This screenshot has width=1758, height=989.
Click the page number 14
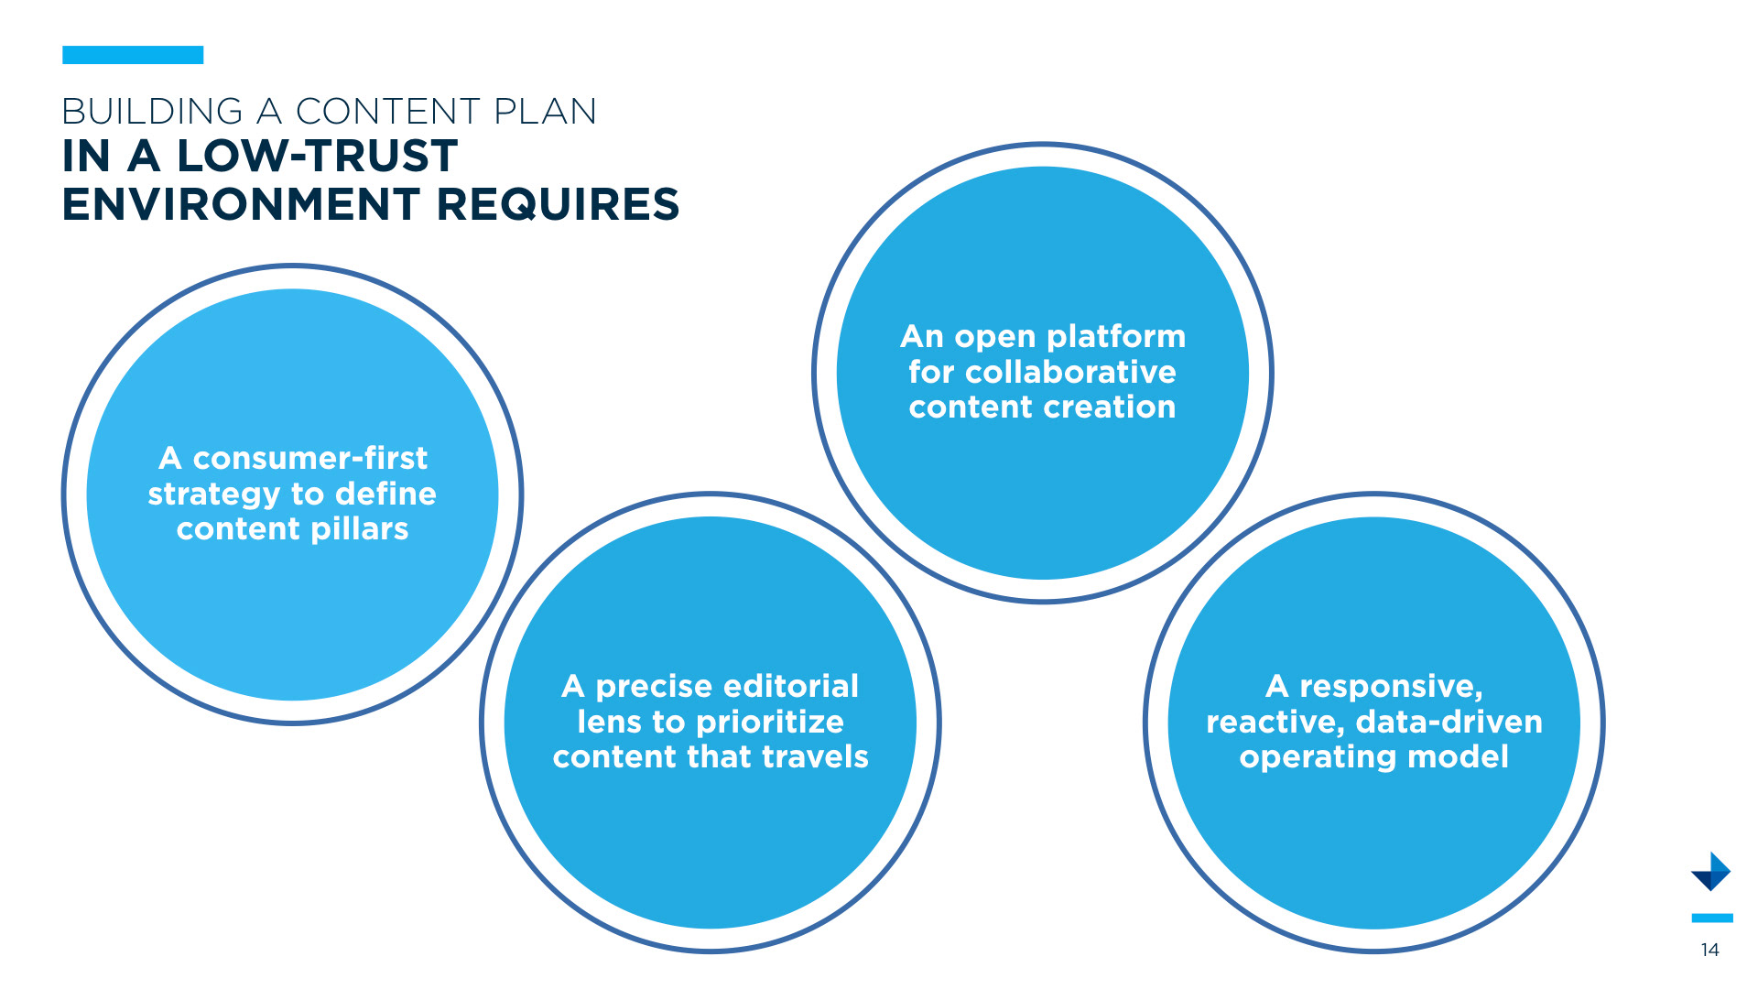(1709, 950)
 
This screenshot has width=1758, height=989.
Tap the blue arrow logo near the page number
(1710, 872)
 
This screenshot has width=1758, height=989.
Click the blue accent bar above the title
(133, 55)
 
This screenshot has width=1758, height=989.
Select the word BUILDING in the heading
(152, 112)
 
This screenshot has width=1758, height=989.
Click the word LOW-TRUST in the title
(317, 156)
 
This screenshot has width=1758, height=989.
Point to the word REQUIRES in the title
(558, 204)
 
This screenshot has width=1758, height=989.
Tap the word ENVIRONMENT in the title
(241, 204)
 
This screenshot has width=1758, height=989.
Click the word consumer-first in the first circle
(309, 458)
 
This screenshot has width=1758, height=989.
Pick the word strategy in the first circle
(214, 494)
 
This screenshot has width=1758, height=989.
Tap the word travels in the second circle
(815, 757)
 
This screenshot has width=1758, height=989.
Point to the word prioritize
(769, 723)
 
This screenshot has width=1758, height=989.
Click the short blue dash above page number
(1711, 918)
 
